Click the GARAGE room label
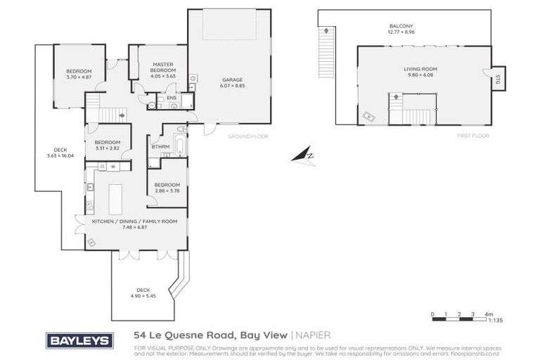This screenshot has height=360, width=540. pos(229,79)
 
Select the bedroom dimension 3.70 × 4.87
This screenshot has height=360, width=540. pos(79,77)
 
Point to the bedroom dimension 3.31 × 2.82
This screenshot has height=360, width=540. pos(108,148)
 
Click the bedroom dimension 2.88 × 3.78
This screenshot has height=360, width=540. pos(167,190)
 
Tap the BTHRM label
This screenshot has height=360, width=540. pos(161,147)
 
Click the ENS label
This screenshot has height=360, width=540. pos(171,98)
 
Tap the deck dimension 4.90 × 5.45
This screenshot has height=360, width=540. pos(143,295)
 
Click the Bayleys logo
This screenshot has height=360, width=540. pos(79,340)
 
